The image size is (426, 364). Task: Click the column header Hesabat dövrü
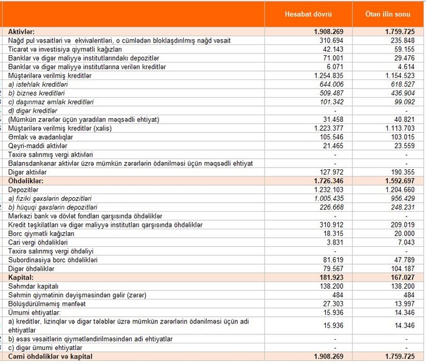[316, 14]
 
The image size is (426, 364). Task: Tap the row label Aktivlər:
[22, 30]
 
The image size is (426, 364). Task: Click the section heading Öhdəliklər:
[27, 181]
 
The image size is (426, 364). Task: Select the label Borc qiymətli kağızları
[42, 234]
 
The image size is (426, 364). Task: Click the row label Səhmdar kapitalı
[33, 286]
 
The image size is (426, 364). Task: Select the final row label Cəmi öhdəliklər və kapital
[50, 356]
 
